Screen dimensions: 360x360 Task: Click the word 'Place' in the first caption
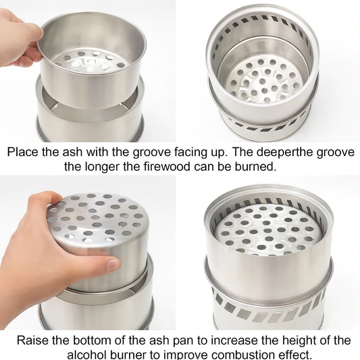[x=22, y=152]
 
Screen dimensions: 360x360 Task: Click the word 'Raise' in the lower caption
[x=32, y=340]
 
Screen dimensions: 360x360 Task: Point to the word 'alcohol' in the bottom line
[x=87, y=355]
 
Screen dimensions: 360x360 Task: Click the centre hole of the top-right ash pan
[x=263, y=81]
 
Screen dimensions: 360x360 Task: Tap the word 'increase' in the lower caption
[x=233, y=340]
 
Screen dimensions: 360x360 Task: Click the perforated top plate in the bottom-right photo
[x=267, y=230]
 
